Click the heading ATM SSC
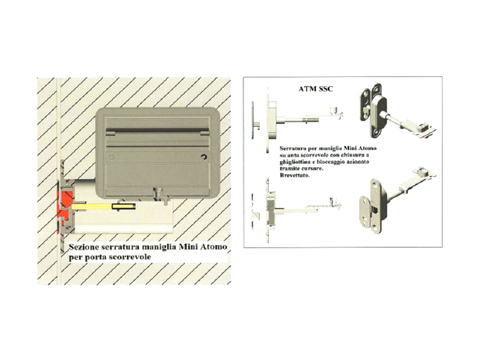pyautogui.click(x=315, y=89)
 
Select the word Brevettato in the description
pyautogui.click(x=294, y=175)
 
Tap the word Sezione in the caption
pyautogui.click(x=82, y=247)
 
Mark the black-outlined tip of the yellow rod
pyautogui.click(x=124, y=207)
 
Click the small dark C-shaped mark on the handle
pyautogui.click(x=204, y=157)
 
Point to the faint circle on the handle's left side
pyautogui.click(x=112, y=157)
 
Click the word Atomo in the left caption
pyautogui.click(x=213, y=247)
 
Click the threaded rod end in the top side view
pyautogui.click(x=311, y=119)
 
